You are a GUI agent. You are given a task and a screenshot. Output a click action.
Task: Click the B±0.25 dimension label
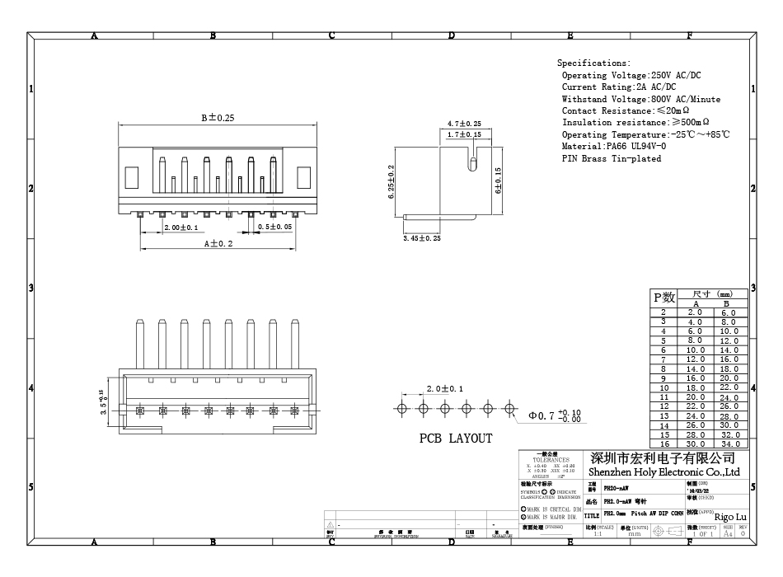(218, 118)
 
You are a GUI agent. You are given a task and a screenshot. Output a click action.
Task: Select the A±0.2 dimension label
(218, 243)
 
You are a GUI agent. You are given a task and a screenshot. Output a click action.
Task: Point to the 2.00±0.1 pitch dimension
(181, 227)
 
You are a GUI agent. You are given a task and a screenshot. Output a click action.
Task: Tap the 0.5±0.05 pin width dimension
(275, 227)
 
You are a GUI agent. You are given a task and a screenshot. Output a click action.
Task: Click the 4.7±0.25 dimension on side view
(464, 124)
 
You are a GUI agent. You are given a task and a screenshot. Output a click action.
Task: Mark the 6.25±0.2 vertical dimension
(391, 181)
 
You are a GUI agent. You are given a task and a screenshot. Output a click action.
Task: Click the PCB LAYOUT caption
(456, 439)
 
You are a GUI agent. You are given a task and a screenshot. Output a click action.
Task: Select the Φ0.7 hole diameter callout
(557, 415)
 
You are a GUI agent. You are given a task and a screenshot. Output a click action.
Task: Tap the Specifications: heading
(593, 63)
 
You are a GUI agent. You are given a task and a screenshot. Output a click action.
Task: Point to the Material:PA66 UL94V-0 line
(614, 147)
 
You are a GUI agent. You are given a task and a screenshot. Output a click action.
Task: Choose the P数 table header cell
(664, 298)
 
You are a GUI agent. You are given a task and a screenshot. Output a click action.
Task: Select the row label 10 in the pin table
(664, 387)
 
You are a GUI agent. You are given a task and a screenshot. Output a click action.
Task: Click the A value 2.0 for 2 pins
(696, 312)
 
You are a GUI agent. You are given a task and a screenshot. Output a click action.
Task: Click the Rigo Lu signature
(731, 516)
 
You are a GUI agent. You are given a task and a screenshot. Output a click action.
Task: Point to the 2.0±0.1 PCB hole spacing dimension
(444, 388)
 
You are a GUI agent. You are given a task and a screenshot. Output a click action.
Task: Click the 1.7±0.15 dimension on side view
(464, 134)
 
